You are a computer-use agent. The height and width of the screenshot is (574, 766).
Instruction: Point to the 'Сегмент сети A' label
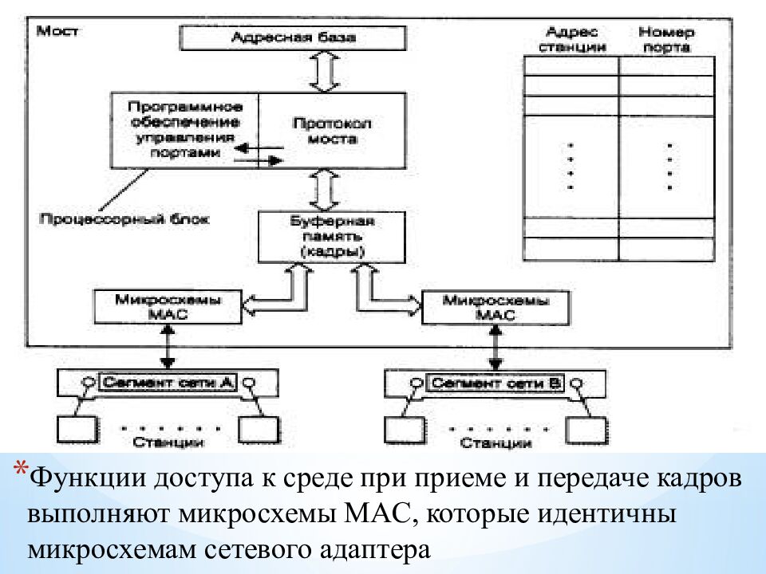pyautogui.click(x=167, y=383)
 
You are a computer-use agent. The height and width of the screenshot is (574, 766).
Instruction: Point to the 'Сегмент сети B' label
pyautogui.click(x=496, y=383)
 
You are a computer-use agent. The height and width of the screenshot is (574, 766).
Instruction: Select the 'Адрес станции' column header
pyautogui.click(x=572, y=39)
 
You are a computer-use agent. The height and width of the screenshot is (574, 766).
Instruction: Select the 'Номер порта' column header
pyautogui.click(x=666, y=39)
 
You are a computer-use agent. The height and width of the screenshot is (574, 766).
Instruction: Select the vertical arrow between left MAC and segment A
pyautogui.click(x=167, y=348)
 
